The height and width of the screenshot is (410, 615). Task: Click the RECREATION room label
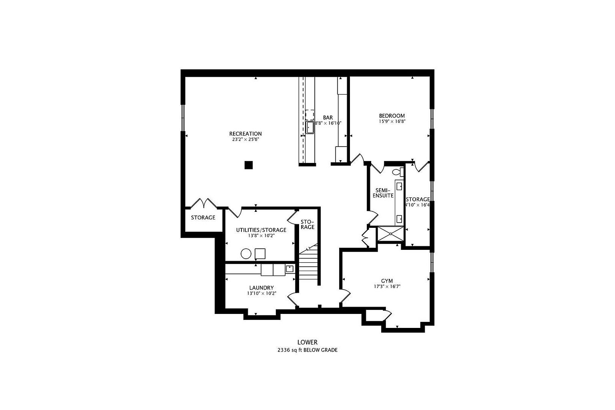[245, 134]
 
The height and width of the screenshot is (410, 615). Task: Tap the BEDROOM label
[392, 116]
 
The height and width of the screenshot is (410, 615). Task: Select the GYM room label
[387, 281]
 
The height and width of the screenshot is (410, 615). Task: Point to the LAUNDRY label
[261, 287]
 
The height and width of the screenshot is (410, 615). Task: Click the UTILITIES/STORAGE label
[261, 230]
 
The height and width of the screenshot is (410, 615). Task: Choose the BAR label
[328, 117]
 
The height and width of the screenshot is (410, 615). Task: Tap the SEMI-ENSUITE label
[383, 193]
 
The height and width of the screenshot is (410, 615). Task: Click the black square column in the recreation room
[249, 165]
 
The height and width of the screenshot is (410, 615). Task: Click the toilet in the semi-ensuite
[397, 172]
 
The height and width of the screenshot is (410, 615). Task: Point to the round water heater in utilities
[246, 254]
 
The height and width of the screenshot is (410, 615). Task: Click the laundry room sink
[289, 269]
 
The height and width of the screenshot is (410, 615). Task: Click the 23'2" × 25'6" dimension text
[245, 140]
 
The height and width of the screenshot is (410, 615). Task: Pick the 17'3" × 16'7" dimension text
[387, 287]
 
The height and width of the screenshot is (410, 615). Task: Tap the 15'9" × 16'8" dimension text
[392, 121]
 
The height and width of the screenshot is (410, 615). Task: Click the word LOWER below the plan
[307, 342]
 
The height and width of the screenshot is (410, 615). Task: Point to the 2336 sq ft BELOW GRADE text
[307, 350]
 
